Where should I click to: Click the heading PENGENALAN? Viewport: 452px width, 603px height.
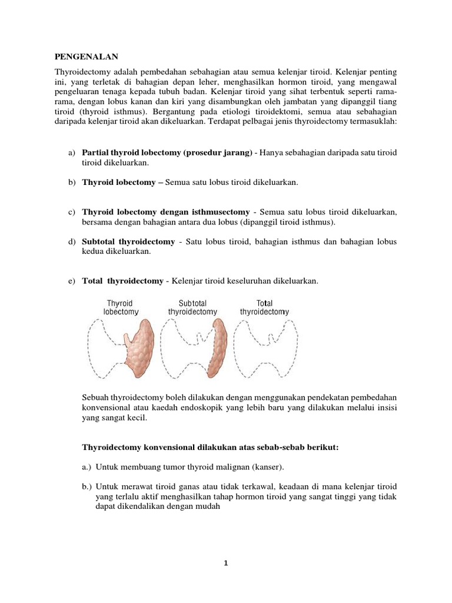pyautogui.click(x=87, y=57)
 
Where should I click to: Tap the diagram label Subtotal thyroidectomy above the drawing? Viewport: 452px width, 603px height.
pyautogui.click(x=192, y=307)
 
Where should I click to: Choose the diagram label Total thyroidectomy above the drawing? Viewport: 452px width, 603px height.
pyautogui.click(x=264, y=307)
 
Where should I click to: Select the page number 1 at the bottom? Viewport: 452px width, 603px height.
pyautogui.click(x=225, y=563)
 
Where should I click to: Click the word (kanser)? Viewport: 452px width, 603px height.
pyautogui.click(x=268, y=467)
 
